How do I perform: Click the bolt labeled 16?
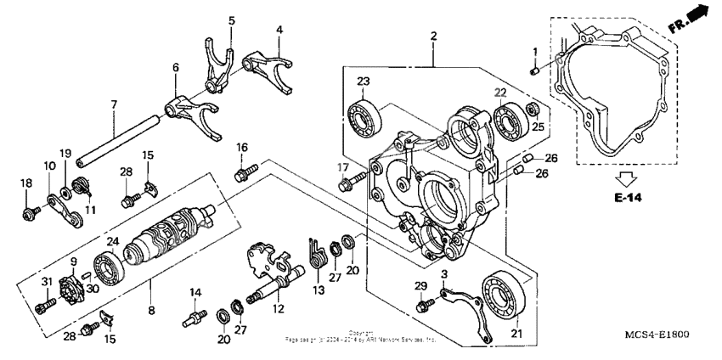tap(241, 175)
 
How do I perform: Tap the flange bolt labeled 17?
tap(347, 183)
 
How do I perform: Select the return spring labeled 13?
tap(316, 253)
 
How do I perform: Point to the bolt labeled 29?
tap(422, 303)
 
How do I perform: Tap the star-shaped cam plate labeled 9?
tap(77, 287)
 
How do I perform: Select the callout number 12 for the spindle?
tap(277, 309)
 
